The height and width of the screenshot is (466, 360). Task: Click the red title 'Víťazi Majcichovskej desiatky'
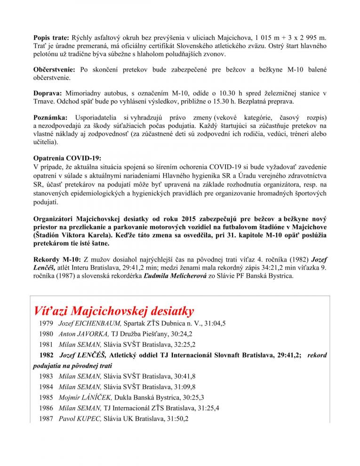coord(113,311)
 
